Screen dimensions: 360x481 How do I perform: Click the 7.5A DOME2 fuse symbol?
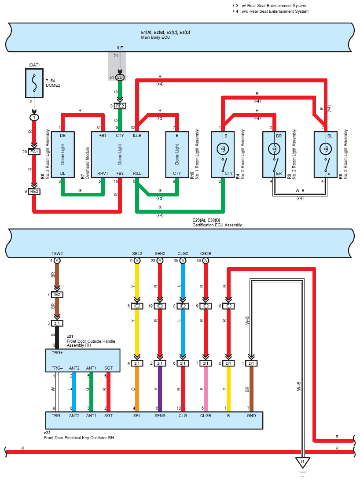(x=34, y=83)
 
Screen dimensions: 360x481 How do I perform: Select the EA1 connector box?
(x=34, y=152)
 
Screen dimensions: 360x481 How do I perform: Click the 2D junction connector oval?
(x=120, y=78)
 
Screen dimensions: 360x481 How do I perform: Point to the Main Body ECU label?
(x=155, y=37)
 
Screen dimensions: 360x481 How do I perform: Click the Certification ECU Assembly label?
(x=217, y=225)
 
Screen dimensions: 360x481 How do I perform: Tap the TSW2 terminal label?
(x=57, y=253)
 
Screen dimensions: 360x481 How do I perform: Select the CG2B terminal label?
(x=206, y=253)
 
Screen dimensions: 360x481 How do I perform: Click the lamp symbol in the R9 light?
(x=274, y=149)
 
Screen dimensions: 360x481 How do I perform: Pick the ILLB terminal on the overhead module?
(x=137, y=136)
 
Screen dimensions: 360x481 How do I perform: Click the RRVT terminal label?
(x=103, y=173)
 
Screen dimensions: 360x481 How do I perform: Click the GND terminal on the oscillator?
(x=251, y=416)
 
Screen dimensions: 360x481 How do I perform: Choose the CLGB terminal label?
(x=206, y=416)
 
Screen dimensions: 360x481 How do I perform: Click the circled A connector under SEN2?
(x=160, y=261)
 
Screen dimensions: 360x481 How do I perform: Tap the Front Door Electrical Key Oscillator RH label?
(x=79, y=438)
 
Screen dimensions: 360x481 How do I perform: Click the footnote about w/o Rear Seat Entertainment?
(x=270, y=11)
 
